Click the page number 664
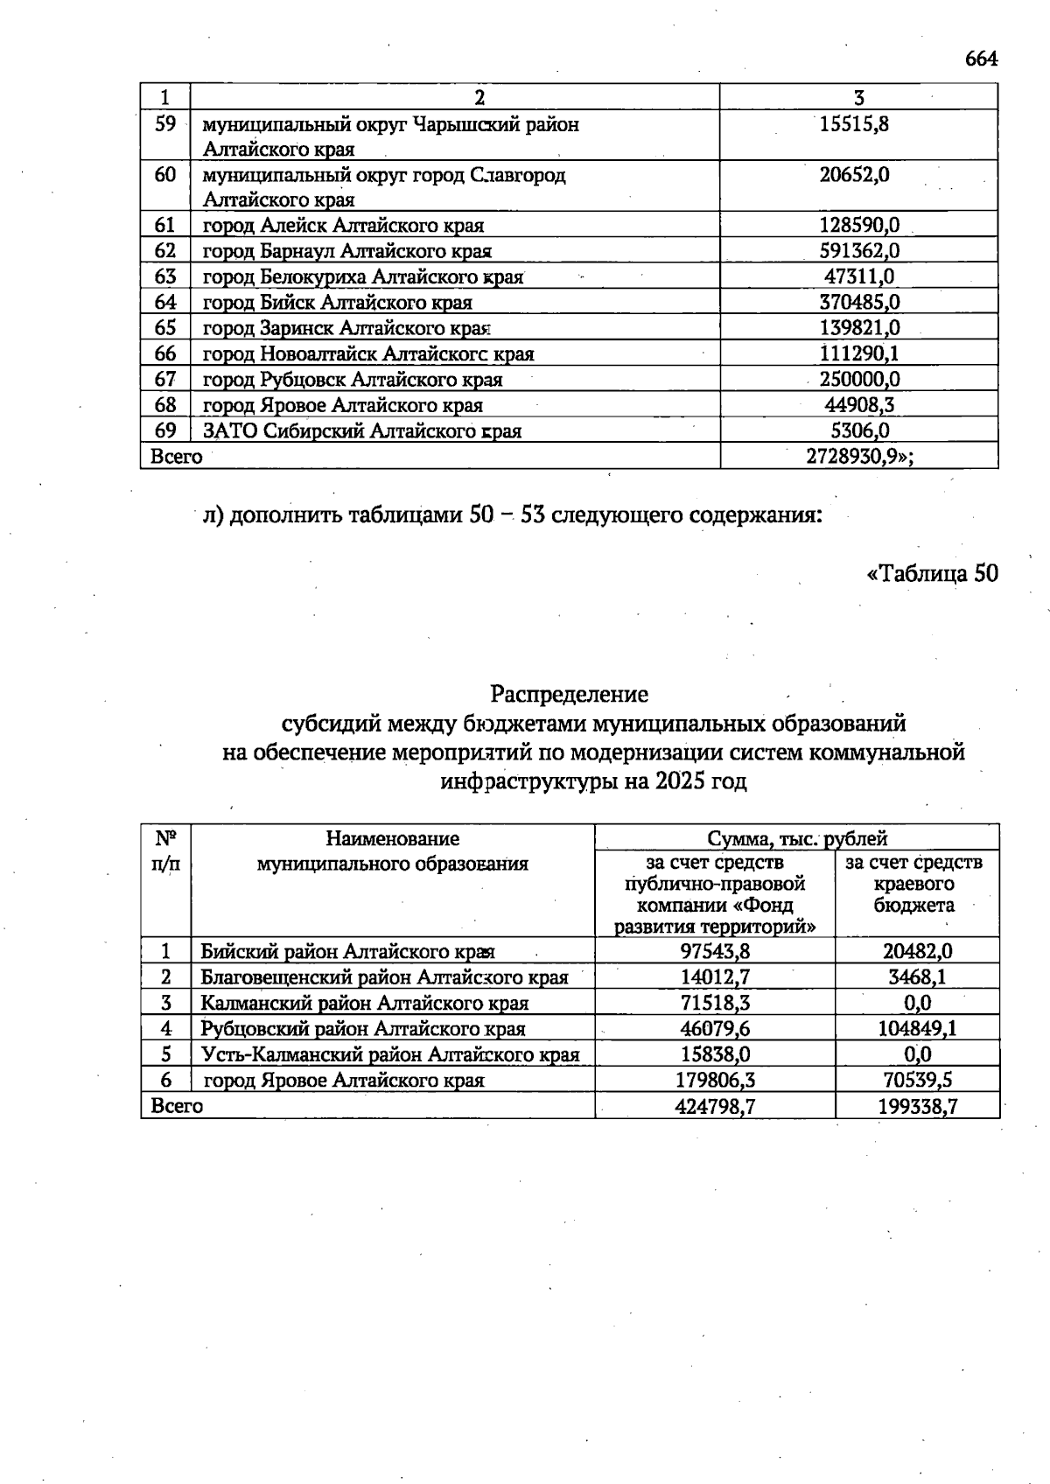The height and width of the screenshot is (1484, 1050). point(980,59)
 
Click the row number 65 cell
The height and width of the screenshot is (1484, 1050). point(165,328)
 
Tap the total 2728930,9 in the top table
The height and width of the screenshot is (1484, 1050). point(857,456)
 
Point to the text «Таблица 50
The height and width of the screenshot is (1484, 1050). point(931,574)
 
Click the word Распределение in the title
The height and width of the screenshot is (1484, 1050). point(570,695)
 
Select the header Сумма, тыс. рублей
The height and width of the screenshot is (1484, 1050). point(796,838)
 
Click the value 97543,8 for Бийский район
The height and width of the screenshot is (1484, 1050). point(715,951)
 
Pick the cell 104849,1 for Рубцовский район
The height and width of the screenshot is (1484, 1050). point(916,1028)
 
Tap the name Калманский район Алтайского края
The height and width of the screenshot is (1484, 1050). point(364,1003)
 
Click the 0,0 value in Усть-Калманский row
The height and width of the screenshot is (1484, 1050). point(917,1054)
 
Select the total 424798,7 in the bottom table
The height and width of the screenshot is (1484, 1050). point(715,1106)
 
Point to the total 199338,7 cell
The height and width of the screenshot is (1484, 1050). point(917,1106)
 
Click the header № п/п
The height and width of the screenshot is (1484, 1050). point(165,851)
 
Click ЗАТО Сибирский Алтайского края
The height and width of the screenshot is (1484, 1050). point(362,430)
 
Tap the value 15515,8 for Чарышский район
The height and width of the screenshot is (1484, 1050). point(854,124)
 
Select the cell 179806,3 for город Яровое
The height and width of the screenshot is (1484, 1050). point(715,1080)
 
